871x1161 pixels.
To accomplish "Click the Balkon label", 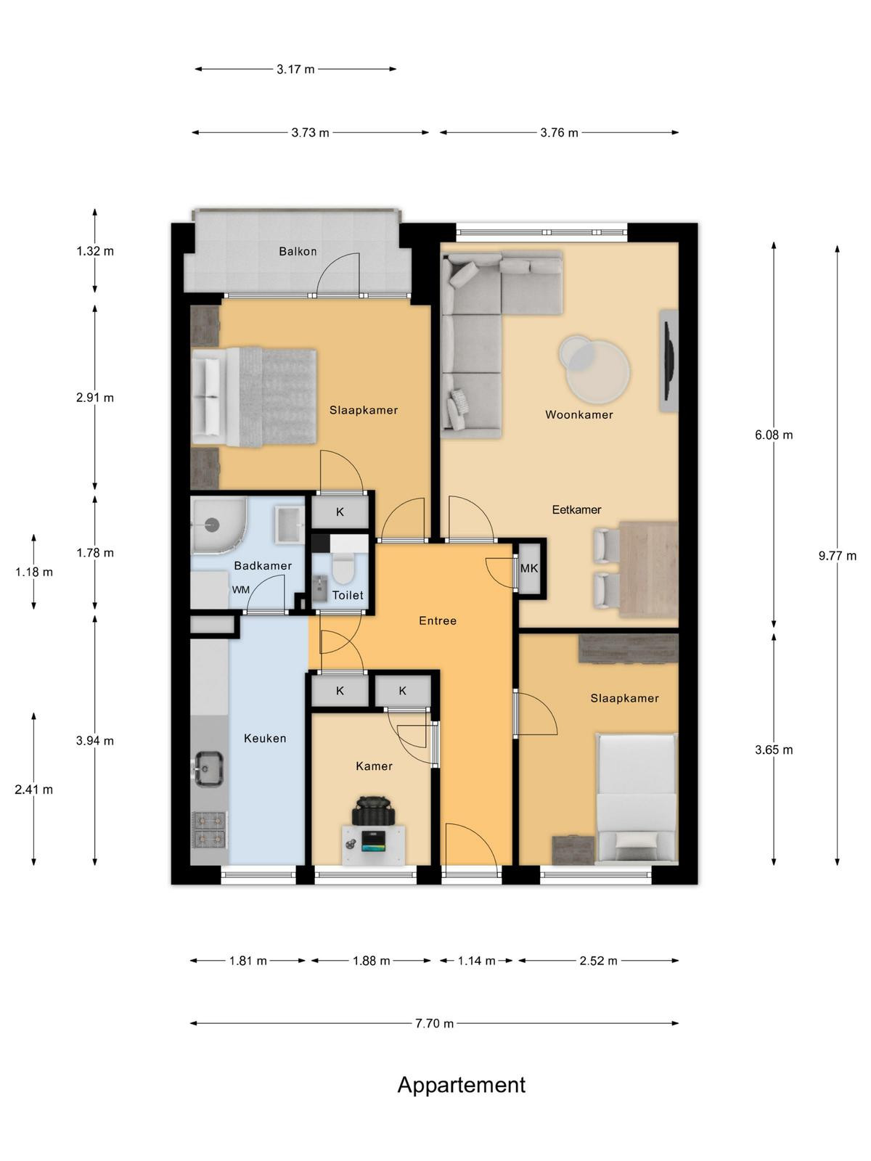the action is click(298, 251).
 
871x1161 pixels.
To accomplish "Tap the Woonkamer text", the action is click(579, 414).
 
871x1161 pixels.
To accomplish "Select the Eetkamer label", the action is click(576, 510).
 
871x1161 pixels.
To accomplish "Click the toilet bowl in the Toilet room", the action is click(342, 567).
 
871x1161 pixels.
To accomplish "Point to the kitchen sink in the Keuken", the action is click(209, 768).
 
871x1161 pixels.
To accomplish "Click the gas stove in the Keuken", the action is click(210, 829).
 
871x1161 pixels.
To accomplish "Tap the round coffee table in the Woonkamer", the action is click(595, 368).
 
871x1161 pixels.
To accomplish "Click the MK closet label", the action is click(529, 568).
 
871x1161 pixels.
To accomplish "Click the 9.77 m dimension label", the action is click(837, 556).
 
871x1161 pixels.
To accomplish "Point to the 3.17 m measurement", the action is click(295, 69).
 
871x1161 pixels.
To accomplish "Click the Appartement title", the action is click(461, 1085).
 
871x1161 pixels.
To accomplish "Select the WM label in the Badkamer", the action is click(241, 590).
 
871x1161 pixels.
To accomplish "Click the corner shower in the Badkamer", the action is click(216, 525).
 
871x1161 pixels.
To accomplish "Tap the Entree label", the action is click(438, 621).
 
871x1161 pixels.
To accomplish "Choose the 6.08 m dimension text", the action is click(774, 435).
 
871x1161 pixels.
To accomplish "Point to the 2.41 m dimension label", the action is click(34, 789).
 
